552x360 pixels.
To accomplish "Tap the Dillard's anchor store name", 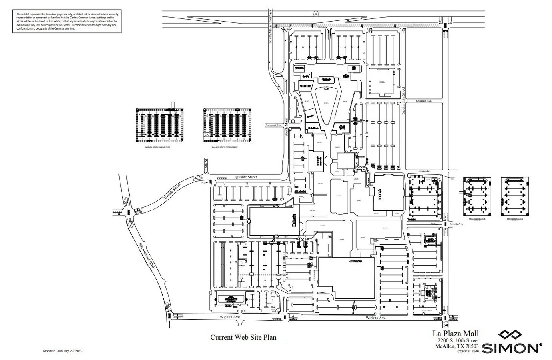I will coord(295,220).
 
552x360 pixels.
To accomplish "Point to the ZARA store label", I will coord(313,127).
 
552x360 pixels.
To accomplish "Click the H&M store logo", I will coord(341,127).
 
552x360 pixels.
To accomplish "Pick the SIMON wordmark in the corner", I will coord(512,348).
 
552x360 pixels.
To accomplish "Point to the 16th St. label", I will coord(207,165).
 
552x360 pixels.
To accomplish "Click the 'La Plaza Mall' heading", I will coord(456,333).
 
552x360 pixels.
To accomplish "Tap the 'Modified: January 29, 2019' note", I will coord(62,351).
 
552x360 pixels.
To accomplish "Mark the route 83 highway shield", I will coord(316,13).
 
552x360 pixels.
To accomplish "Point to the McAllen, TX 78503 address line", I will coord(457,346).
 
